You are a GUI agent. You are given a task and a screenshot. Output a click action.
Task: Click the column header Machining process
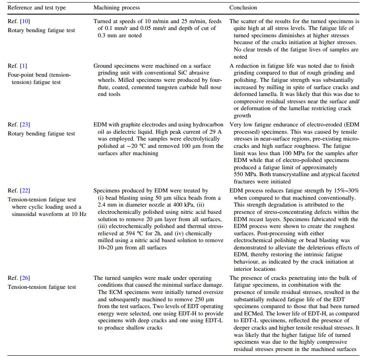pos(117,8)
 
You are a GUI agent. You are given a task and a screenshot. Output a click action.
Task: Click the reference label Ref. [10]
pos(18,21)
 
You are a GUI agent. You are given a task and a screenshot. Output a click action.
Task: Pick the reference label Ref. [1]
pos(16,66)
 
